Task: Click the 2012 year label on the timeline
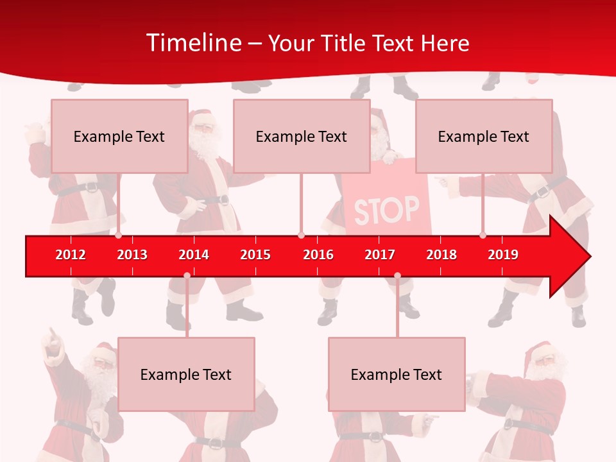point(71,255)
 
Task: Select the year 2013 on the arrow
point(132,255)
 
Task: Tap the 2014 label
point(194,255)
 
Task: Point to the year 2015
point(255,255)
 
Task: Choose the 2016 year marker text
point(318,255)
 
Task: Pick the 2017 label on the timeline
point(380,255)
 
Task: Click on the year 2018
point(441,255)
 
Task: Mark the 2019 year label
point(503,255)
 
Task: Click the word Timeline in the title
point(193,43)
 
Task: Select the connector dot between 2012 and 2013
point(119,235)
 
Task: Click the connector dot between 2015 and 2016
point(301,235)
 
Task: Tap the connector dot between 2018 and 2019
point(483,235)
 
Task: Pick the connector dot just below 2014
point(187,276)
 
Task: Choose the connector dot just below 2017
point(397,276)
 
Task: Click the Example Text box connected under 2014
point(186,374)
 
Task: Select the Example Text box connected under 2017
point(397,374)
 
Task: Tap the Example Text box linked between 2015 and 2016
point(302,136)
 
